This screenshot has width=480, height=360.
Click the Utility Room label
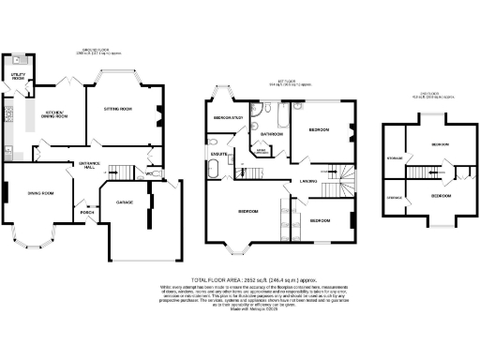[x=18, y=75]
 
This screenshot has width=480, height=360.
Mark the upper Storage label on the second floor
[x=394, y=157]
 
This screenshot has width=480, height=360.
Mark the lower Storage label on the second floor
[x=394, y=198]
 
